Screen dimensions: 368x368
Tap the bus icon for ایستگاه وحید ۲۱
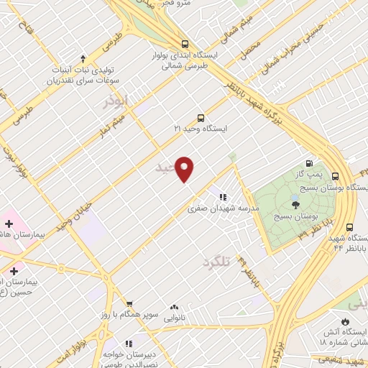[201, 118]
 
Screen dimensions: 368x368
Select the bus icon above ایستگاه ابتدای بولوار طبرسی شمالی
[186, 42]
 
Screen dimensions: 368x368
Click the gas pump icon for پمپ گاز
[309, 163]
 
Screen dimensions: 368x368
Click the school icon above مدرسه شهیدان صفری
[223, 196]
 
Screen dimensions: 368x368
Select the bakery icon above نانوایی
[175, 307]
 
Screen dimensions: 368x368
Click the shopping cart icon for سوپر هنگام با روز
[129, 305]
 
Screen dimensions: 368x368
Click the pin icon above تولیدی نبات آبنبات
[83, 58]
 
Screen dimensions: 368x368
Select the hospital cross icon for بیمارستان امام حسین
[14, 270]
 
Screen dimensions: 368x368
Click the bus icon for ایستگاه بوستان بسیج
[350, 175]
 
